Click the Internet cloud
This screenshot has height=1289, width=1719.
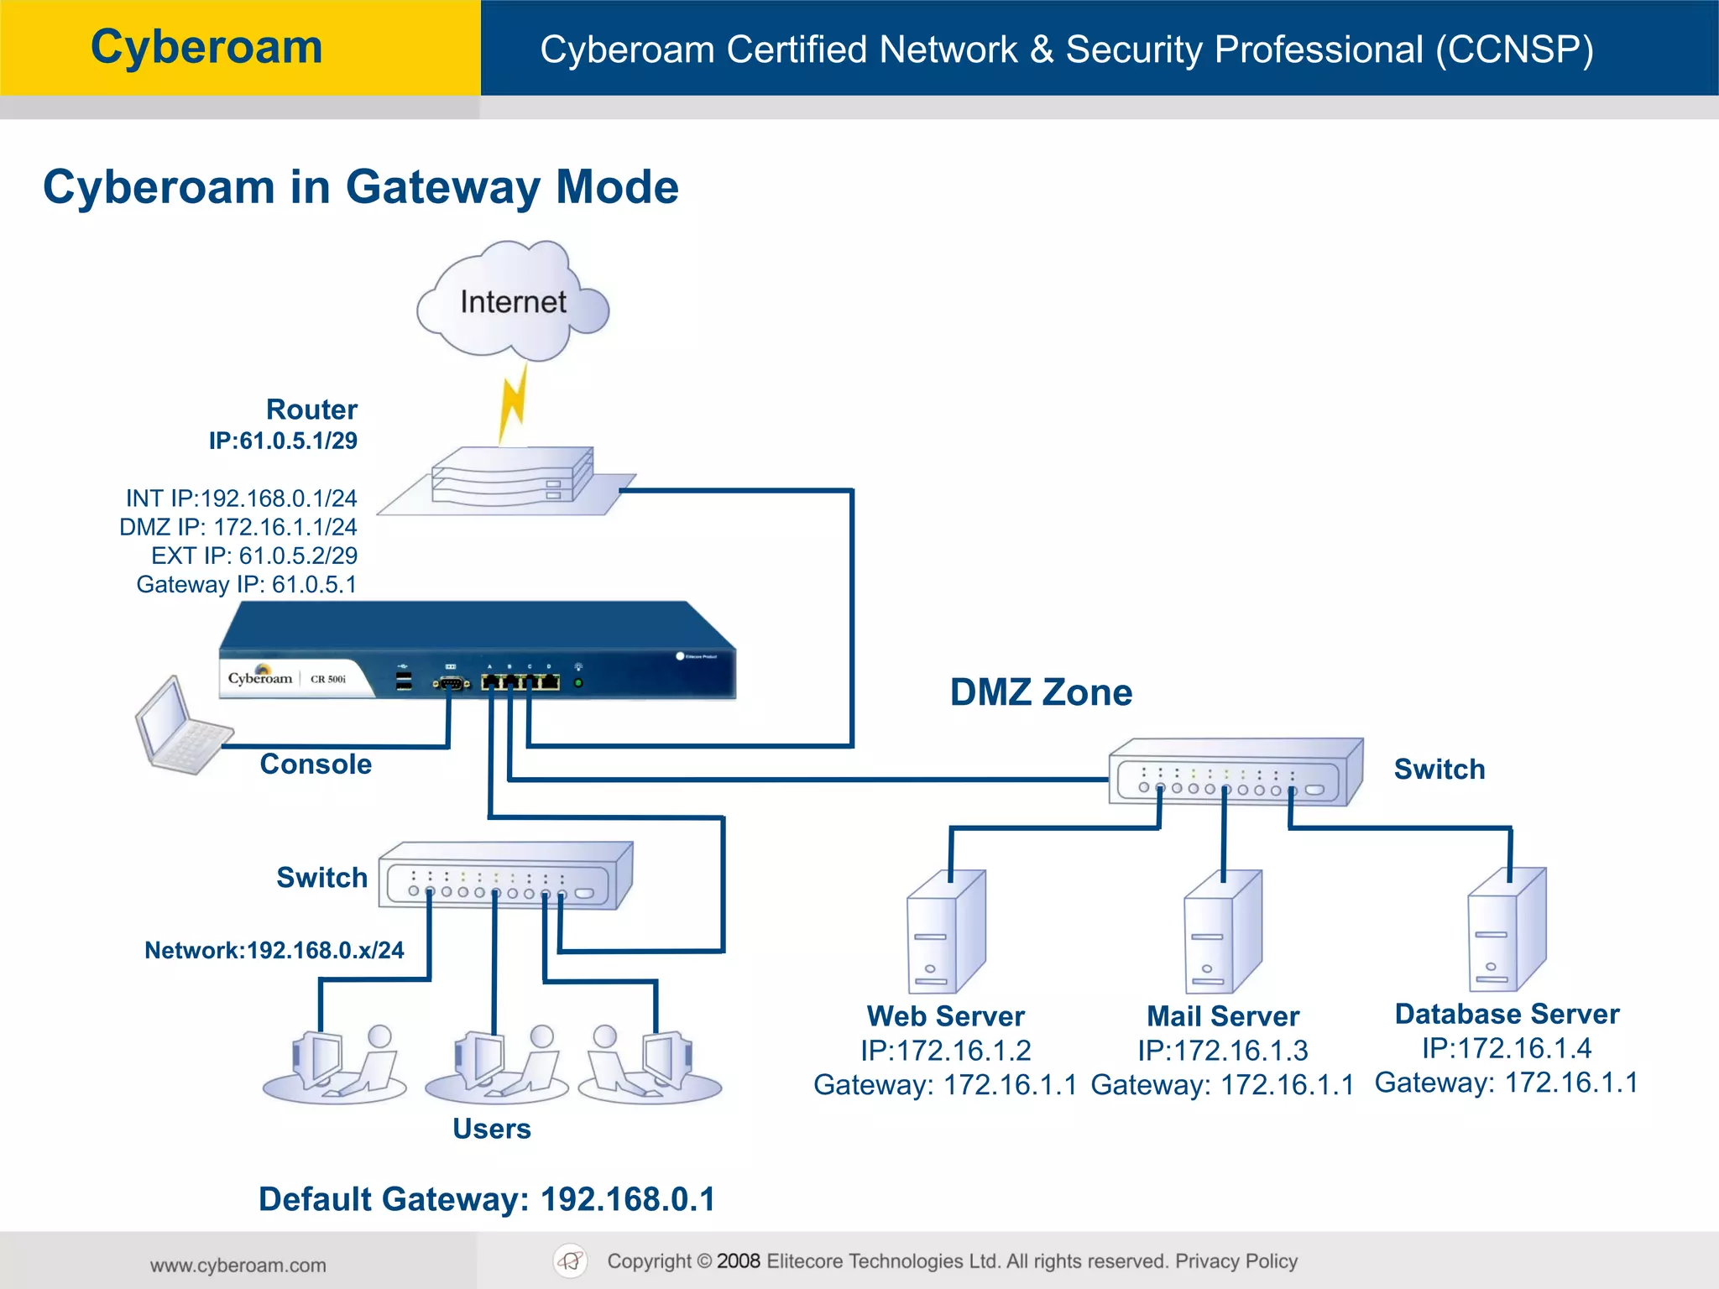click(512, 302)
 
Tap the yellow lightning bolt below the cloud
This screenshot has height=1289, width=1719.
click(513, 403)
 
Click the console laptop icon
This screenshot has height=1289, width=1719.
click(180, 727)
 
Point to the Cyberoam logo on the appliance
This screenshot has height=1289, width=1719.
click(260, 676)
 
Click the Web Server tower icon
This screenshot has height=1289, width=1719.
click(946, 932)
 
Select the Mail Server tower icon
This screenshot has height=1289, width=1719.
click(1222, 932)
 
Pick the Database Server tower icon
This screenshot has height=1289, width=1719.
click(1507, 930)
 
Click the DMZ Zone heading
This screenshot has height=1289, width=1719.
click(1041, 692)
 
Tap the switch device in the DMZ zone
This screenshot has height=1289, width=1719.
click(1234, 773)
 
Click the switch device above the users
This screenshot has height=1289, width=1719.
click(504, 876)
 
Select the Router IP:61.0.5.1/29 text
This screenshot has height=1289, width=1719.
click(284, 440)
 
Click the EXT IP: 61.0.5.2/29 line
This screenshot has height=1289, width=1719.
click(254, 556)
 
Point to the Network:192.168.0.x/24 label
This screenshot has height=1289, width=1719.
click(274, 950)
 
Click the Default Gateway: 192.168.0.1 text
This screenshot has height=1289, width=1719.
click(487, 1199)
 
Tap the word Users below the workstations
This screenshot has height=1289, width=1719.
click(492, 1129)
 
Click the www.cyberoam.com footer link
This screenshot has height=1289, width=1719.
click(238, 1265)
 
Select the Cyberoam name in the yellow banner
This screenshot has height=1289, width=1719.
click(206, 47)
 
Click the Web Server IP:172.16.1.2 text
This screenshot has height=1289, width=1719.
click(946, 1051)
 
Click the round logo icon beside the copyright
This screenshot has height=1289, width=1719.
click(571, 1260)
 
